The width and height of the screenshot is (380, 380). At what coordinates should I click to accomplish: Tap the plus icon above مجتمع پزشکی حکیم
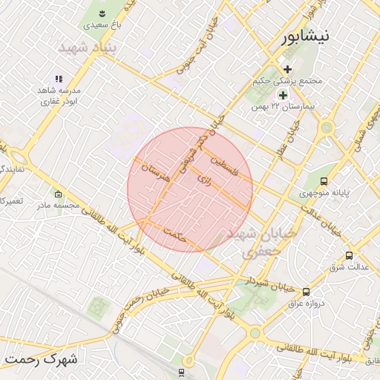pyautogui.click(x=287, y=69)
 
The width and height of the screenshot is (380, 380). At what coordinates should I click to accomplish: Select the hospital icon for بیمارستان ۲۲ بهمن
pyautogui.click(x=282, y=95)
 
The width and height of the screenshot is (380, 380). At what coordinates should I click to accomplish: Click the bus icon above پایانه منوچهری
pyautogui.click(x=324, y=180)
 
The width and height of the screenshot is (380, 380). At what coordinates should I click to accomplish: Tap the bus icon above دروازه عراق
pyautogui.click(x=306, y=292)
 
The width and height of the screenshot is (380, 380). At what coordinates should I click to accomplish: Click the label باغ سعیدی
pyautogui.click(x=102, y=24)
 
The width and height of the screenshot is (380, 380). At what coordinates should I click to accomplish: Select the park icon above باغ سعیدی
pyautogui.click(x=102, y=13)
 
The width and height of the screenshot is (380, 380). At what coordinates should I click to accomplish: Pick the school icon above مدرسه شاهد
pyautogui.click(x=59, y=79)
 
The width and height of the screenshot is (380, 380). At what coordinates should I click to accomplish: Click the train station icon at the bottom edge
pyautogui.click(x=182, y=371)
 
